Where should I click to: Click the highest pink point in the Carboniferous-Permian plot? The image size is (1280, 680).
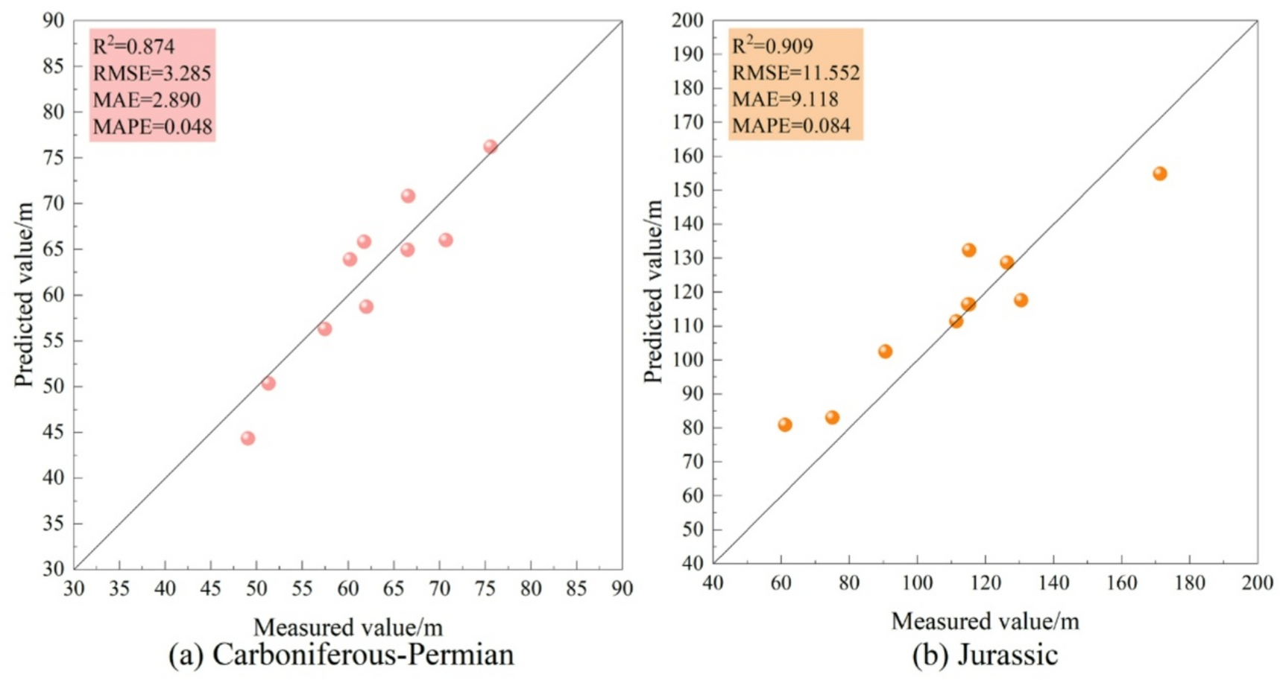(x=490, y=147)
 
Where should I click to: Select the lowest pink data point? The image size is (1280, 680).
(x=248, y=438)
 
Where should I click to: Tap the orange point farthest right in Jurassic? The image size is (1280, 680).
(x=1159, y=174)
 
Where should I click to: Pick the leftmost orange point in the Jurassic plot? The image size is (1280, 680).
(x=784, y=425)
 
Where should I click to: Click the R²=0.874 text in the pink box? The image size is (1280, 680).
(x=133, y=47)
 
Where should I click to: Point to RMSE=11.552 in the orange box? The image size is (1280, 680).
(x=795, y=73)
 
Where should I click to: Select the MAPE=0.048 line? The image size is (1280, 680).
(x=153, y=127)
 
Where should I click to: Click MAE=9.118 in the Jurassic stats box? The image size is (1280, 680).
(x=785, y=99)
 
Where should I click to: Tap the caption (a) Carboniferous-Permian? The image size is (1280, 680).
(x=341, y=655)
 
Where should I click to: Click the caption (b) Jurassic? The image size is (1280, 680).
(x=984, y=655)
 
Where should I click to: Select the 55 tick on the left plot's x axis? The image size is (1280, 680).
(x=302, y=589)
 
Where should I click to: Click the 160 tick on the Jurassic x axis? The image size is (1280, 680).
(x=1121, y=583)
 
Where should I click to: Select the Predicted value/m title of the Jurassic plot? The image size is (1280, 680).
(x=654, y=292)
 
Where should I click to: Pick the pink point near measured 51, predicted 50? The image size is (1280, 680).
(x=268, y=383)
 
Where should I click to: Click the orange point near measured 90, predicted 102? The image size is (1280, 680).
(x=885, y=352)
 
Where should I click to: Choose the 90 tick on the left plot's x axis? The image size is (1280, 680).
(x=622, y=589)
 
